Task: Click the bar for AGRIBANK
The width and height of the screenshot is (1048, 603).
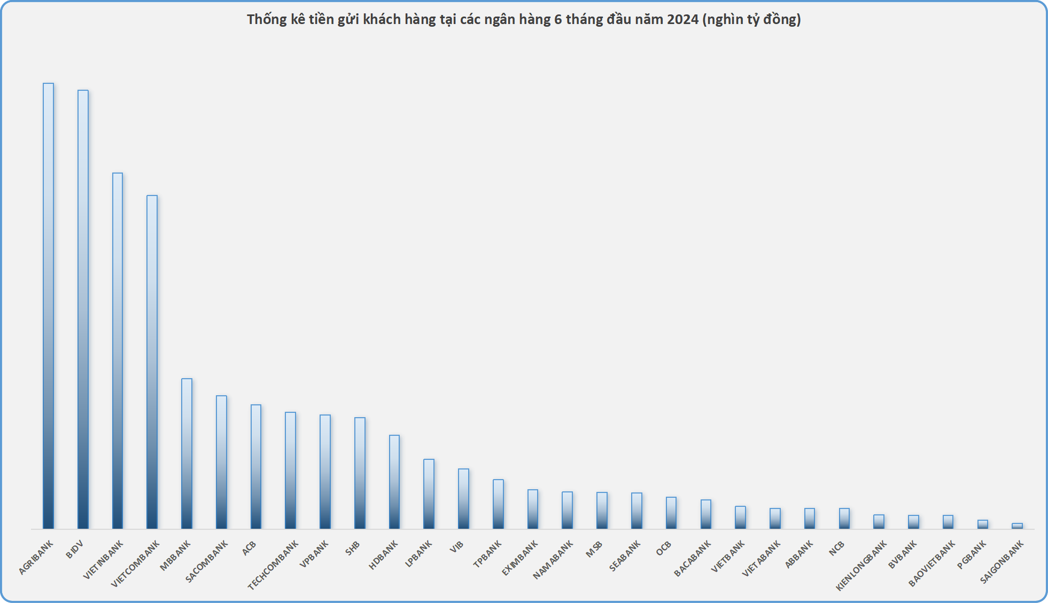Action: click(x=48, y=306)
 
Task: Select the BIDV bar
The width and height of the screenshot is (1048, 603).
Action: click(x=83, y=310)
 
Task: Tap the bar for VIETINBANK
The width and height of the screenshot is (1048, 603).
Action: click(x=118, y=351)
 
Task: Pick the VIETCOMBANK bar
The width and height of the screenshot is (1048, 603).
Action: click(x=152, y=362)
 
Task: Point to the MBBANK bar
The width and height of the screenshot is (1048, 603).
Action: click(x=187, y=454)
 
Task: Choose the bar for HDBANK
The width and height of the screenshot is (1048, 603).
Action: click(x=394, y=482)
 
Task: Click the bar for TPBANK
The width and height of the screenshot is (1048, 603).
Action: click(x=498, y=504)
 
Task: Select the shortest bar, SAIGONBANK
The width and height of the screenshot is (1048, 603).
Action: click(x=1017, y=526)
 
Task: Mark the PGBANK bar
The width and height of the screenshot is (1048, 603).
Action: click(x=983, y=524)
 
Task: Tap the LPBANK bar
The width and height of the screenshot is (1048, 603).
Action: click(x=429, y=494)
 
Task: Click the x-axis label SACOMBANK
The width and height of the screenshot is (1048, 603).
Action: click(x=206, y=561)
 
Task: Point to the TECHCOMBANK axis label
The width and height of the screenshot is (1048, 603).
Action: click(x=273, y=565)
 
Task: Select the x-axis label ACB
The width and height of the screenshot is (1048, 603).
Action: click(x=249, y=548)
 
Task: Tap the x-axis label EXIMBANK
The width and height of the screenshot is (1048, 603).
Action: click(x=519, y=558)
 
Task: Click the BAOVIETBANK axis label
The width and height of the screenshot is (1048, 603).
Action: click(x=931, y=563)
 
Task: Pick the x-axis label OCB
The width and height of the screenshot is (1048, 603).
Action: click(x=663, y=549)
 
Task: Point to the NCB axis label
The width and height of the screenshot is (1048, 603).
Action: click(x=836, y=548)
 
